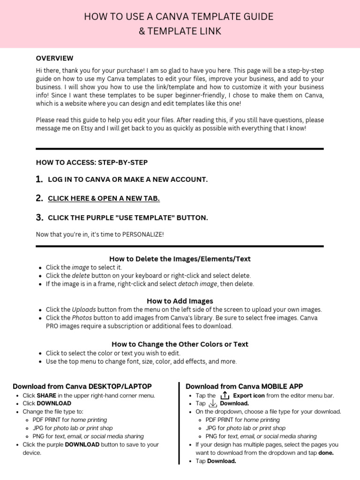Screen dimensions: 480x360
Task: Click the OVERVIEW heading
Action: click(54, 58)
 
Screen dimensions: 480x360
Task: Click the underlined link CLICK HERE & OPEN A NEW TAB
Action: click(104, 198)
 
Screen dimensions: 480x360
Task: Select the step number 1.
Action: click(39, 180)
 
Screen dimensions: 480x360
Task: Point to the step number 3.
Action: click(39, 217)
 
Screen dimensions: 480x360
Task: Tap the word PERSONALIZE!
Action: click(143, 234)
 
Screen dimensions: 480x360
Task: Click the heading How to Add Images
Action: click(180, 301)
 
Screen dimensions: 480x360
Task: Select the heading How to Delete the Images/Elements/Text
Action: click(180, 259)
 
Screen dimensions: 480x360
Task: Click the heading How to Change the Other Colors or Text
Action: click(180, 344)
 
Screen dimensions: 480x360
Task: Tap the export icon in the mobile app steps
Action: click(225, 396)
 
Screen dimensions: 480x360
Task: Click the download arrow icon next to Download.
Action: click(213, 404)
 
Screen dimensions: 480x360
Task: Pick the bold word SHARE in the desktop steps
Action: click(46, 396)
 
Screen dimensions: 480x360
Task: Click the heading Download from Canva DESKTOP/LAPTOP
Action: click(82, 386)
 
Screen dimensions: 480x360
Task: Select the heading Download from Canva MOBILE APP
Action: click(244, 386)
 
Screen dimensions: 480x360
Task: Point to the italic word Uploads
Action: click(83, 310)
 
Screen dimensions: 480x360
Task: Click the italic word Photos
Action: click(82, 318)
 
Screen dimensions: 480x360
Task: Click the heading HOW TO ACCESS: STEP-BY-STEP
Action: click(91, 163)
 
